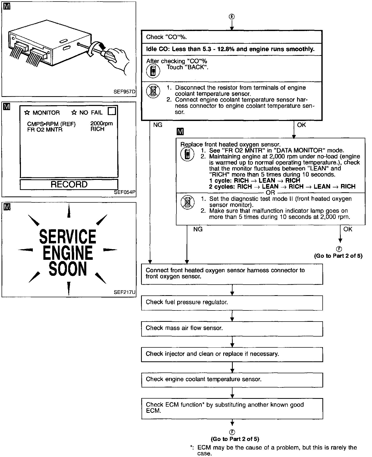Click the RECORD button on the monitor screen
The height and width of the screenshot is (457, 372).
coord(69,184)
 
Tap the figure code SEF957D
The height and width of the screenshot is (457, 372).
coord(125,92)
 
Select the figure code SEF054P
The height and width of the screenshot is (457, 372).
coord(125,192)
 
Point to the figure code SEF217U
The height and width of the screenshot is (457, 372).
coord(125,292)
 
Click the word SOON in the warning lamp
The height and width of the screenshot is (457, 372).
coord(68,269)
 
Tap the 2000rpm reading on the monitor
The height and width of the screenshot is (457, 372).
coord(102,124)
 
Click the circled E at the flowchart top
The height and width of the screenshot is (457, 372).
coord(232,17)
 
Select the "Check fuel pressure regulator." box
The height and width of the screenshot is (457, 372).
coord(232,303)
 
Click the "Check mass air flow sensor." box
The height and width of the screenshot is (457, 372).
coord(232,329)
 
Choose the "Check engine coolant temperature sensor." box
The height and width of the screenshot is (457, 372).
coord(232,380)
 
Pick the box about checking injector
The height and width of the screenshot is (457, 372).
coord(232,354)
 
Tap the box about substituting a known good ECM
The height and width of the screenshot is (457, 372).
coord(232,408)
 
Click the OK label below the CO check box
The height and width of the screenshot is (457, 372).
coord(301,125)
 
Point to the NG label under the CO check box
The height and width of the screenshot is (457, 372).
coord(158,125)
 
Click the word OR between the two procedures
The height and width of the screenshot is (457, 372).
coord(270,193)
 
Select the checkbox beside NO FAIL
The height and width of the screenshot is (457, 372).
coord(112,111)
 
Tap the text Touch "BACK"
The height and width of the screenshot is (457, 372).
coord(188,67)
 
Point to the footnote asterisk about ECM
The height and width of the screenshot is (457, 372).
coord(191,447)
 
